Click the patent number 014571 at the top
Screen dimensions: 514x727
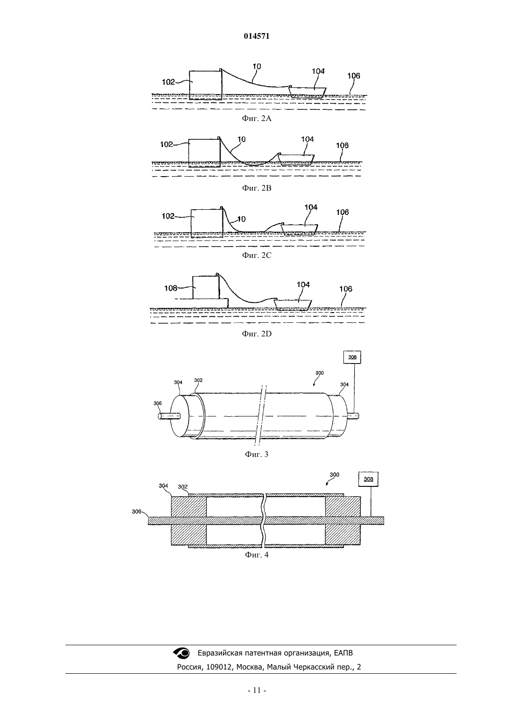coord(257,36)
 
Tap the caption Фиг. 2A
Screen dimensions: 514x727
coord(257,119)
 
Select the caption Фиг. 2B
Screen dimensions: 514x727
coord(257,188)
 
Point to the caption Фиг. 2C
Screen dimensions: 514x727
coord(257,255)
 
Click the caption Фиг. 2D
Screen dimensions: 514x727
coord(257,334)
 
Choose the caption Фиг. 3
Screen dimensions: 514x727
coord(257,454)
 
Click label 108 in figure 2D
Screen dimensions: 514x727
coord(171,288)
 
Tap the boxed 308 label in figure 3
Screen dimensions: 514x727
coord(352,357)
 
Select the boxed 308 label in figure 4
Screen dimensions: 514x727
coord(368,479)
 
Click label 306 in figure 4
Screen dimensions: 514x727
coord(136,512)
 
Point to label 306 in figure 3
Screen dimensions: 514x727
coord(157,403)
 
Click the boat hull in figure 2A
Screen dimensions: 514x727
coord(307,92)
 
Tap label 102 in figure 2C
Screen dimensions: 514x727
coord(168,216)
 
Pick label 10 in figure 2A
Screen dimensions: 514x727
coord(257,66)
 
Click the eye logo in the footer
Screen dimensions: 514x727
coord(181,653)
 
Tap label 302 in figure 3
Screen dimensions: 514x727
coord(198,380)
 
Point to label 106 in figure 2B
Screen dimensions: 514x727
coord(343,145)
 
